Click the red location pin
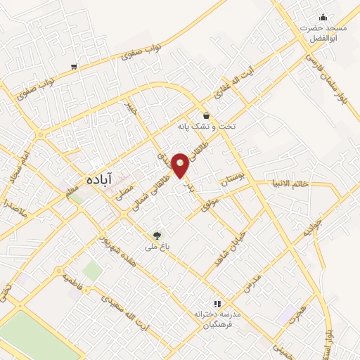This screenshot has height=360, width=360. tap(181, 165)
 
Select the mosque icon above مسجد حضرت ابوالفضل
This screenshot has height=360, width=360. tap(323, 18)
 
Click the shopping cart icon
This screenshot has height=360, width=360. tap(74, 67)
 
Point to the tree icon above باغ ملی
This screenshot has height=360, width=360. tap(157, 236)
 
